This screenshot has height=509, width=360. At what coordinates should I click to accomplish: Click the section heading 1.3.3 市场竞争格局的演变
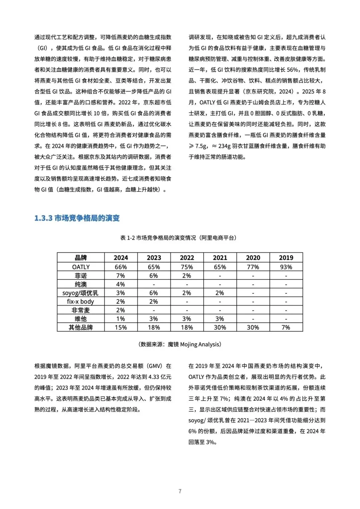pos(77,218)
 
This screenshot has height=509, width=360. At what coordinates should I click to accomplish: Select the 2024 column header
pos(121,258)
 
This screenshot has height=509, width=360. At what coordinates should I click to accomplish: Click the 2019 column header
pos(286,258)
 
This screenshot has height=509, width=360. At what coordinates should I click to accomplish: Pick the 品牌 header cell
pos(81,258)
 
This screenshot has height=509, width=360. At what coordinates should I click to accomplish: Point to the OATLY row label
pos(81,267)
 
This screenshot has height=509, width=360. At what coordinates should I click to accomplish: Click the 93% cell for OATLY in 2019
pos(286,267)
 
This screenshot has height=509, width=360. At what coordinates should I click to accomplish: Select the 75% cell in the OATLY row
pos(187,267)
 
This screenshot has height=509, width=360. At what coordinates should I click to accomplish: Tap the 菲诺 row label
pos(81,276)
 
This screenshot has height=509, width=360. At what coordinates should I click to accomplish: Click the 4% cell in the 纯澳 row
pos(121,284)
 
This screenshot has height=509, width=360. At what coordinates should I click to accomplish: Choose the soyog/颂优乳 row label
pos(81,293)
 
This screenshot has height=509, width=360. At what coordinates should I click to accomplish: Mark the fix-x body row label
pos(81,302)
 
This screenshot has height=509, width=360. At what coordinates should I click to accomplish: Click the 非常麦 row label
pos(81,310)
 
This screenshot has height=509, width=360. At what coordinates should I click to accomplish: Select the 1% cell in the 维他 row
pos(121,319)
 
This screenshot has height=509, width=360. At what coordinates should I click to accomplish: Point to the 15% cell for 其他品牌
pos(121,327)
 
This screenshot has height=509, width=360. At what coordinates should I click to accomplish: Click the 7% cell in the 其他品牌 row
pos(286,327)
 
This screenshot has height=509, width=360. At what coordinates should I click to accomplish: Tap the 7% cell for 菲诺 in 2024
pos(121,276)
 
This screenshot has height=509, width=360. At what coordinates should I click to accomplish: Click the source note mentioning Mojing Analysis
pos(180,344)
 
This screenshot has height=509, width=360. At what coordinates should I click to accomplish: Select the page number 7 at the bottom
pos(180,491)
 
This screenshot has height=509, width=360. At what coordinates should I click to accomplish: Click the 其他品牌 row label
pos(81,327)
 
